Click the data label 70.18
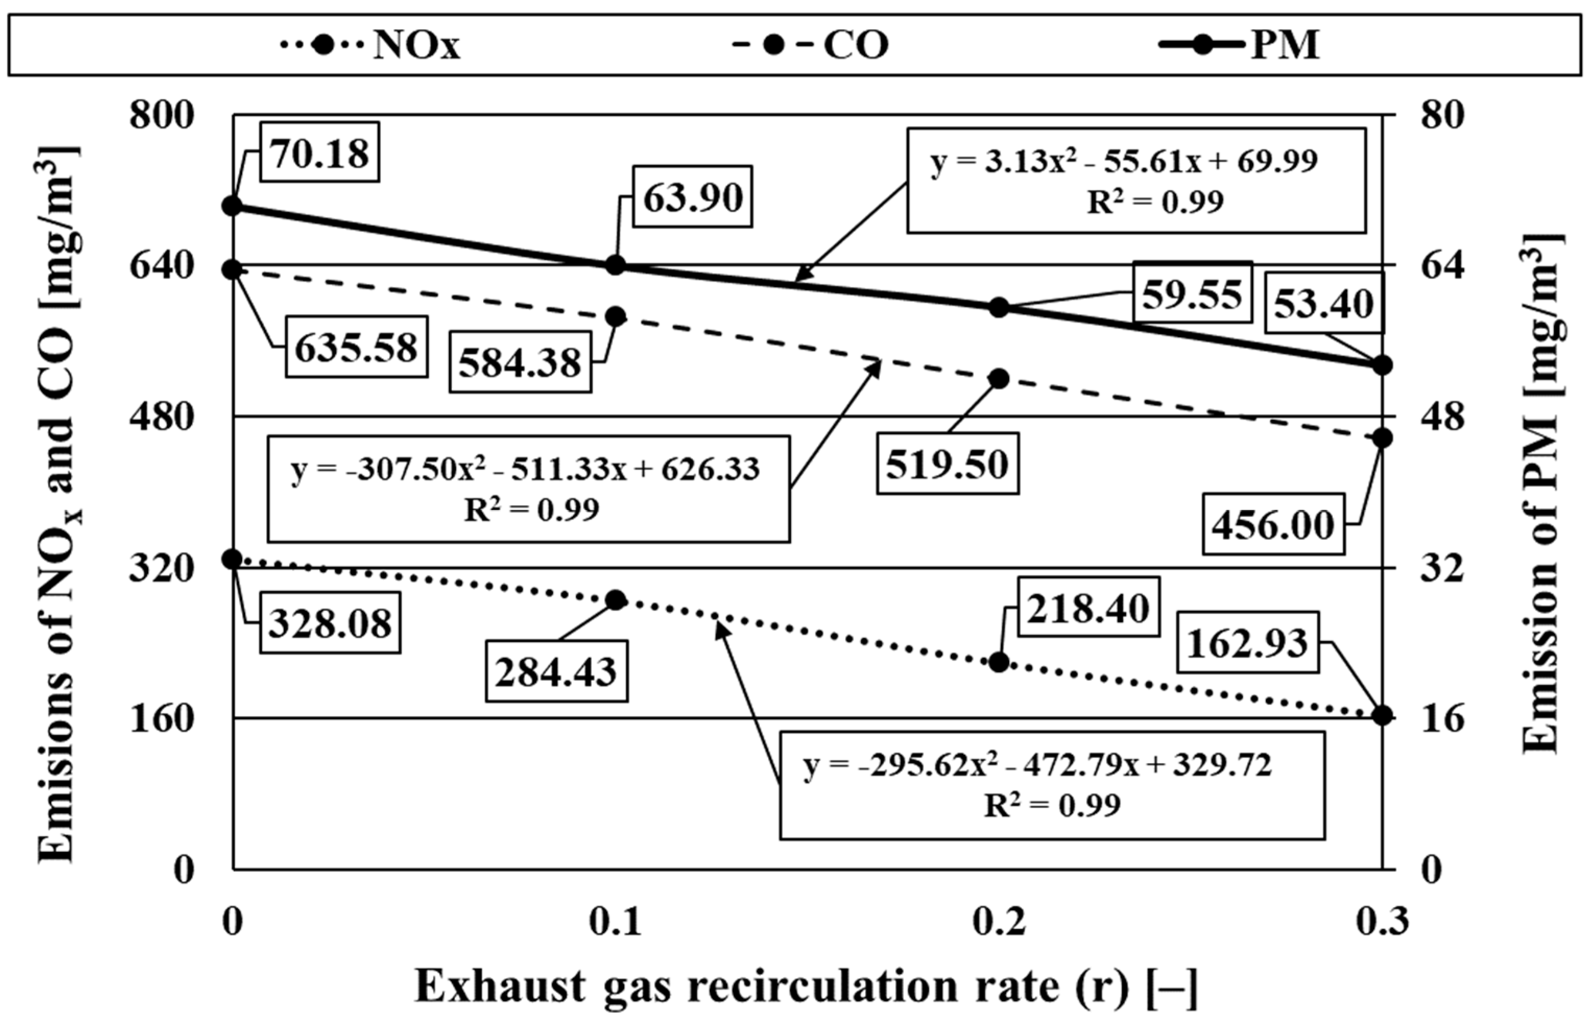click(x=320, y=153)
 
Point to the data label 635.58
click(x=356, y=347)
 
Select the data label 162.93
click(x=1247, y=643)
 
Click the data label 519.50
click(x=947, y=464)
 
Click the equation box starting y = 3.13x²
click(x=1136, y=180)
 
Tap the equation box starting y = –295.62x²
click(x=1052, y=785)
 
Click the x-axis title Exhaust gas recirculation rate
click(x=806, y=986)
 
